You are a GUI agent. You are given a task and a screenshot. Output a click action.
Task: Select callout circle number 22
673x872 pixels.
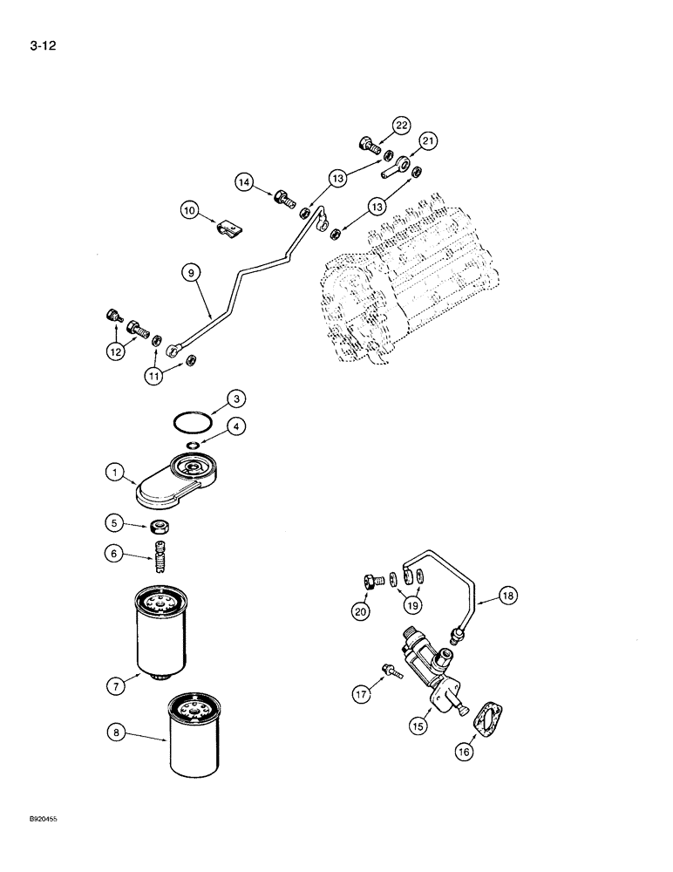click(x=400, y=126)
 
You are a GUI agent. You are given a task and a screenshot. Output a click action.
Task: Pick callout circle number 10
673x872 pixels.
click(x=190, y=210)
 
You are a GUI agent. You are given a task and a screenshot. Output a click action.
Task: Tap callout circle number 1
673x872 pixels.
click(x=114, y=473)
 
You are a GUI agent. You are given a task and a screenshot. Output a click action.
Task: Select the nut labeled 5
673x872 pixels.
click(x=160, y=526)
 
